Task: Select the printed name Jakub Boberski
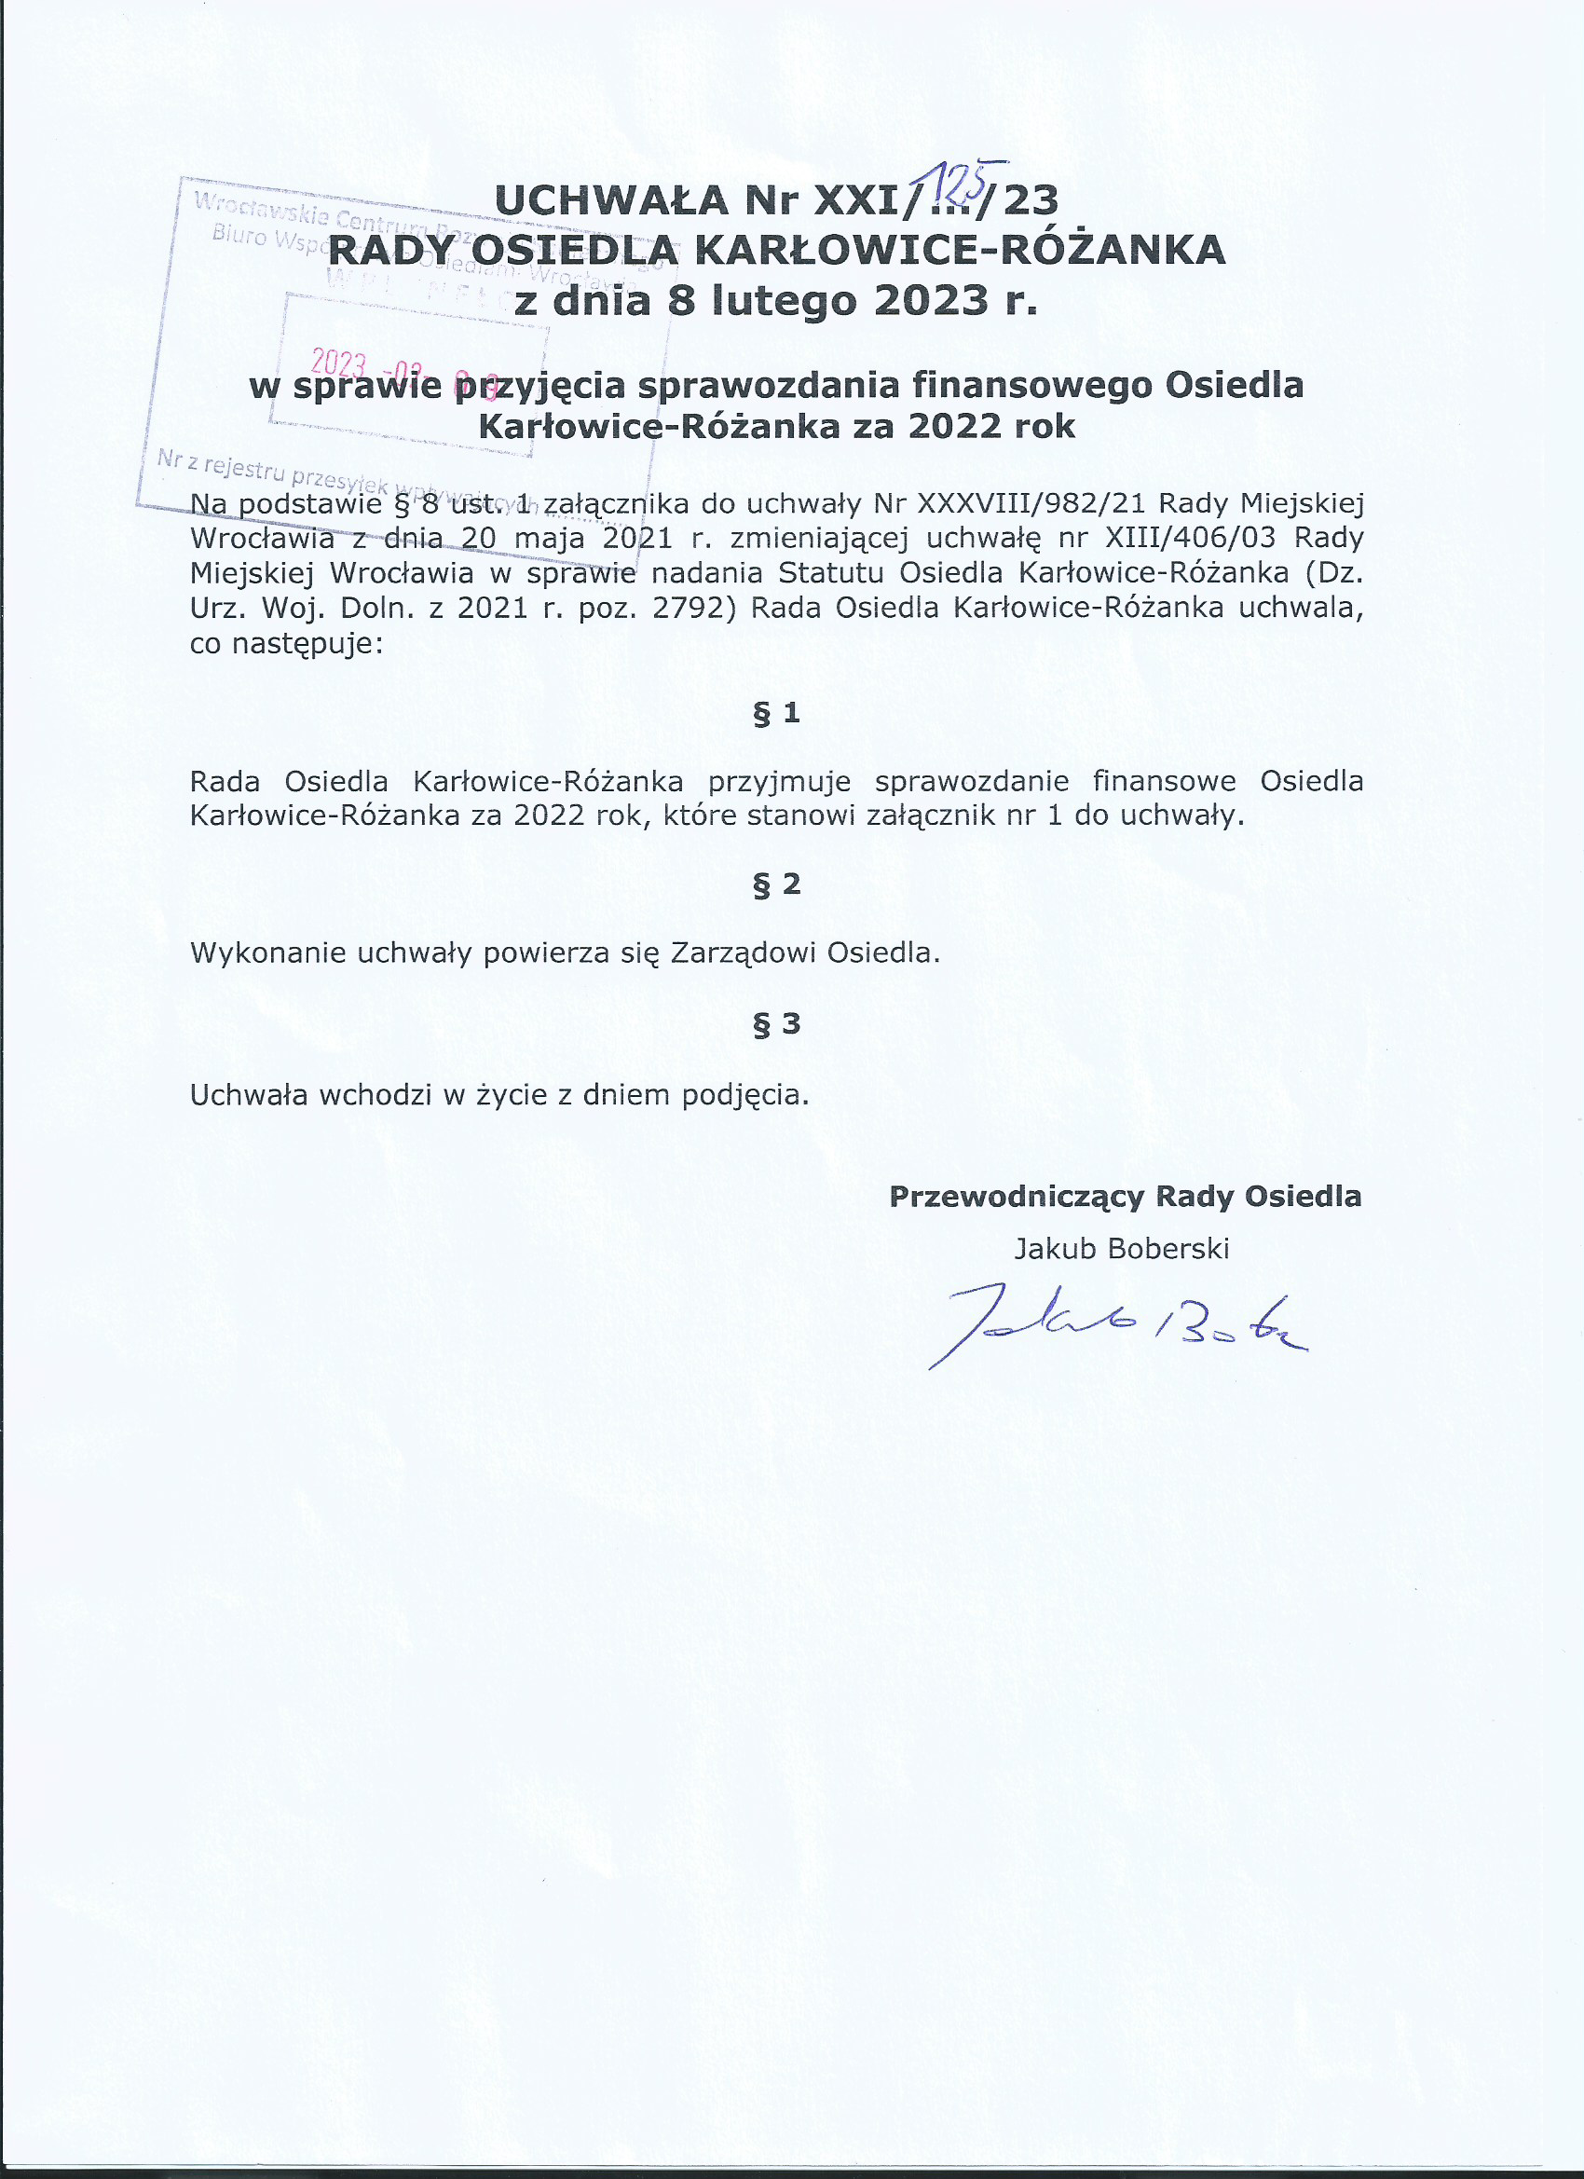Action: click(1121, 1248)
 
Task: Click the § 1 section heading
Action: click(776, 713)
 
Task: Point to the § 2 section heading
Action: click(776, 884)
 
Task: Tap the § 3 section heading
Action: click(776, 1024)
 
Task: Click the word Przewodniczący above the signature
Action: click(1017, 1196)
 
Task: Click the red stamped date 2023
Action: click(338, 364)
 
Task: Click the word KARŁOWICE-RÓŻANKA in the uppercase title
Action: click(960, 251)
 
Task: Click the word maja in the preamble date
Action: click(549, 538)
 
